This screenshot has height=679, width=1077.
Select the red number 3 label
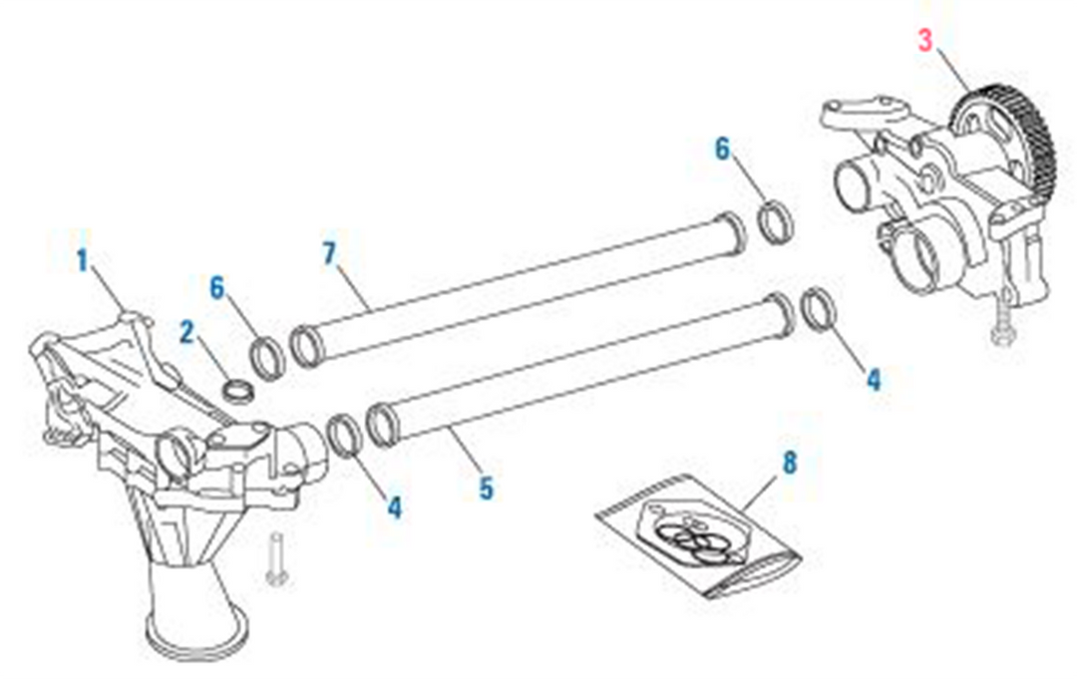(926, 42)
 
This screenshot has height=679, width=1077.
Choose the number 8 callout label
(790, 465)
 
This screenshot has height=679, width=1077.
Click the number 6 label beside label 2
(218, 287)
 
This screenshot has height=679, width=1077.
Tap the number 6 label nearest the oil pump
(722, 149)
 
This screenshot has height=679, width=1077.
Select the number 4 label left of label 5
(395, 508)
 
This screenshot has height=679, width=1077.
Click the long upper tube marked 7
(519, 289)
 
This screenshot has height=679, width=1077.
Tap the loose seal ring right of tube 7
(776, 221)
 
